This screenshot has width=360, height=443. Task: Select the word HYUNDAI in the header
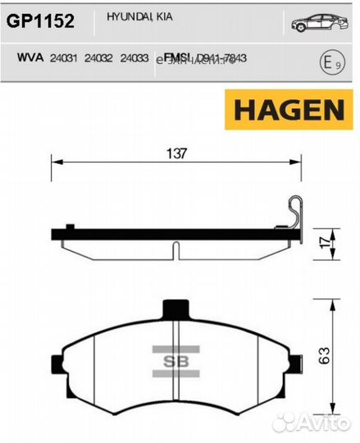coord(116,16)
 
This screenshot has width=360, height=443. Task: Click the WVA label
coord(30,58)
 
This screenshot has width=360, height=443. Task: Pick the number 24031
coord(63,58)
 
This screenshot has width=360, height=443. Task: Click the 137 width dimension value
coord(175,153)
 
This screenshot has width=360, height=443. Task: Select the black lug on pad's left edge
coord(56,362)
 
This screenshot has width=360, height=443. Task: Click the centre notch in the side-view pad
coord(174,247)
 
